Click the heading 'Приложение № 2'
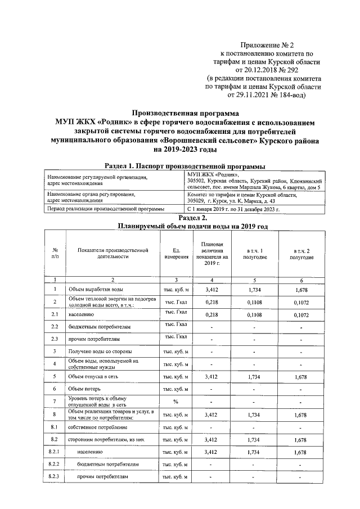click(x=267, y=44)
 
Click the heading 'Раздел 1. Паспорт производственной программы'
click(x=185, y=166)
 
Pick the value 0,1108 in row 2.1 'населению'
click(x=254, y=314)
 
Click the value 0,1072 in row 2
click(x=301, y=302)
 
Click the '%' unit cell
click(x=175, y=402)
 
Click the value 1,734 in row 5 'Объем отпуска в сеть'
click(x=254, y=376)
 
